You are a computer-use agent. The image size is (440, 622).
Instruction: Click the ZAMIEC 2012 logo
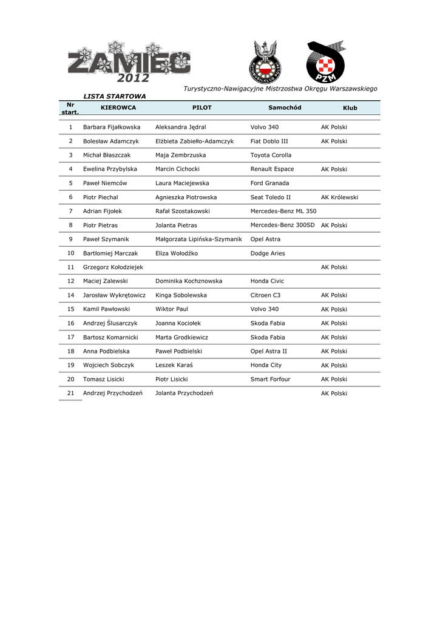[129, 63]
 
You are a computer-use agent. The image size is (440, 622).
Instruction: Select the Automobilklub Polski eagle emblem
[265, 63]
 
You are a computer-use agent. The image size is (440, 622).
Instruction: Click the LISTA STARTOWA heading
[115, 96]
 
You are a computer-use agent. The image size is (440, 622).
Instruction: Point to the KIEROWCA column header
[118, 108]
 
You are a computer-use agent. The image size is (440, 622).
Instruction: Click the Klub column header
[350, 108]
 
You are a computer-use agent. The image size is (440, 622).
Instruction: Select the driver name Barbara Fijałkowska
[112, 127]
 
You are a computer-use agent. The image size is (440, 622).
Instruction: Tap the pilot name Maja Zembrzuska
[181, 155]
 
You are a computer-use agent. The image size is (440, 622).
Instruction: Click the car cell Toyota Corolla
[271, 155]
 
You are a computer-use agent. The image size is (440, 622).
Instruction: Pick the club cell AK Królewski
[339, 197]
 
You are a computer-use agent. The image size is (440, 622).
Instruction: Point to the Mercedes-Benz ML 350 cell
[283, 211]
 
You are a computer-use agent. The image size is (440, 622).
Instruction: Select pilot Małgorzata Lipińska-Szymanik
[198, 239]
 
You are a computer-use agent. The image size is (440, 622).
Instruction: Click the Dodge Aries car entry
[268, 253]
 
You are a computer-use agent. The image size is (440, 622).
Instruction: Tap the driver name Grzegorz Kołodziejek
[113, 267]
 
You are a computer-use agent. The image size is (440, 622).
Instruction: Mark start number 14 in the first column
[71, 295]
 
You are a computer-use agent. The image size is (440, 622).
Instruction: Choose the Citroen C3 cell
[265, 295]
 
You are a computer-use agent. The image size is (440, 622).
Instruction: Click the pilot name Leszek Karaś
[174, 365]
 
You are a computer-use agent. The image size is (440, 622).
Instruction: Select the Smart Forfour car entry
[270, 379]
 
